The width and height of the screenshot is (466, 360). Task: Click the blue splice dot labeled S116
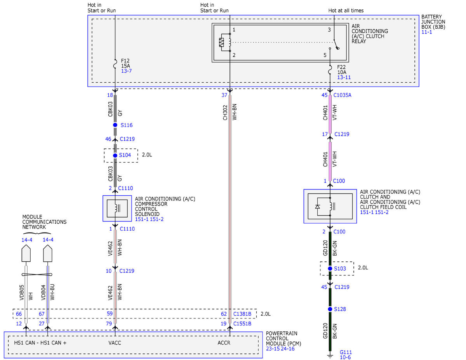pyautogui.click(x=115, y=125)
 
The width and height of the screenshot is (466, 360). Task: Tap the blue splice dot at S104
pyautogui.click(x=115, y=155)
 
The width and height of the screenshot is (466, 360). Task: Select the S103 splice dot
pyautogui.click(x=330, y=268)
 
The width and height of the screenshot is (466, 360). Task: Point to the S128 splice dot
pyautogui.click(x=330, y=309)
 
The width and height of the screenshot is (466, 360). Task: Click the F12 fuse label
pyautogui.click(x=125, y=61)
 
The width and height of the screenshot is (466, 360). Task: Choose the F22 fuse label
pyautogui.click(x=341, y=67)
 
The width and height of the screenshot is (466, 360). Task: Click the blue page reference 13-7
pyautogui.click(x=126, y=71)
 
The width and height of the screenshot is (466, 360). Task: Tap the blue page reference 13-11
pyautogui.click(x=344, y=77)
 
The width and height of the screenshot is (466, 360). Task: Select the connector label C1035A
pyautogui.click(x=342, y=95)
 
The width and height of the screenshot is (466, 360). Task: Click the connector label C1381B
pyautogui.click(x=242, y=314)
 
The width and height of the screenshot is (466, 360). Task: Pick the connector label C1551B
pyautogui.click(x=242, y=323)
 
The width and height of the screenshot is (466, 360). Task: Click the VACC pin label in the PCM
pyautogui.click(x=115, y=343)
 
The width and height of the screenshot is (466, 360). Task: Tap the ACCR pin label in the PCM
pyautogui.click(x=224, y=343)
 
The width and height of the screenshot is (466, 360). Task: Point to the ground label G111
pyautogui.click(x=346, y=352)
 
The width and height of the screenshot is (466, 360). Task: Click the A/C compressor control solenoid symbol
pyautogui.click(x=117, y=209)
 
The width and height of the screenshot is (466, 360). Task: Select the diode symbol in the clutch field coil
pyautogui.click(x=317, y=207)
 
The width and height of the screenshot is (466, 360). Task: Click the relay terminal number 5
pyautogui.click(x=325, y=55)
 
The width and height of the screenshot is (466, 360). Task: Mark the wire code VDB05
pyautogui.click(x=22, y=292)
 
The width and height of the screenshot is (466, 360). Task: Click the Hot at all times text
pyautogui.click(x=346, y=10)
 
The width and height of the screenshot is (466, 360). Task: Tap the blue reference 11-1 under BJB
pyautogui.click(x=426, y=32)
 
